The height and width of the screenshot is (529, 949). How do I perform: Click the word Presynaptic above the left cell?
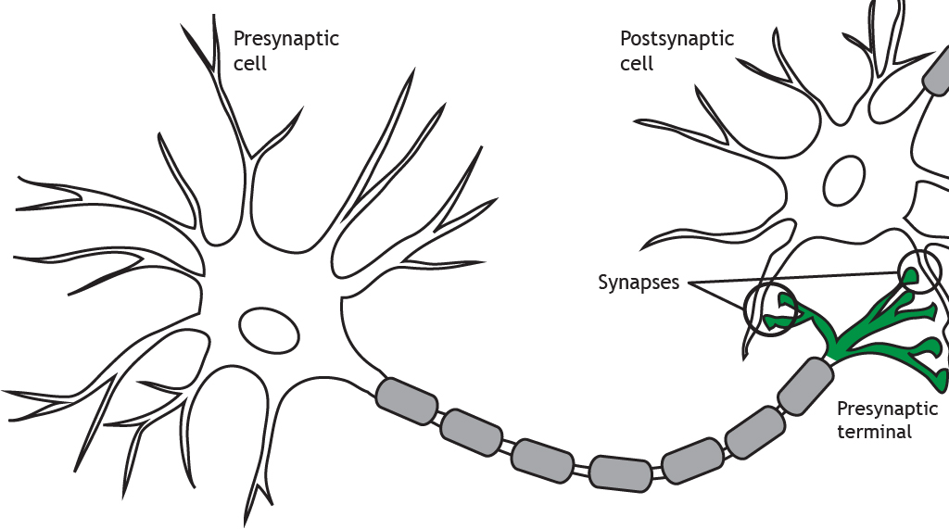pyautogui.click(x=285, y=40)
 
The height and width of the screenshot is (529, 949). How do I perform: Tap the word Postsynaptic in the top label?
pyautogui.click(x=677, y=40)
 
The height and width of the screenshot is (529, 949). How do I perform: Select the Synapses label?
pyautogui.click(x=638, y=283)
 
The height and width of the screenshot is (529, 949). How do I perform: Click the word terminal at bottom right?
pyautogui.click(x=874, y=432)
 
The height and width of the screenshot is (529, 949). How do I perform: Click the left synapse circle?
pyautogui.click(x=770, y=309)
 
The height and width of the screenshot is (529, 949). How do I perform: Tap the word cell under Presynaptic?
pyautogui.click(x=249, y=65)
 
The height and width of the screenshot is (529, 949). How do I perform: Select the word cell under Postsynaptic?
pyautogui.click(x=637, y=65)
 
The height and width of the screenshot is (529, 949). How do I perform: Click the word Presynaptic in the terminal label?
pyautogui.click(x=887, y=409)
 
